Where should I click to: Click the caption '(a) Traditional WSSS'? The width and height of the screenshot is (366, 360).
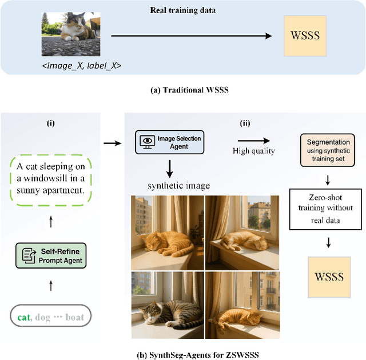click(182, 90)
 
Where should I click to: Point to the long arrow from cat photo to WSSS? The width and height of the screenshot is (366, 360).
click(191, 36)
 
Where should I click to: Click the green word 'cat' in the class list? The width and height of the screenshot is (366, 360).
click(23, 317)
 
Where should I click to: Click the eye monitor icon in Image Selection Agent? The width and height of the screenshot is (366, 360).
click(147, 141)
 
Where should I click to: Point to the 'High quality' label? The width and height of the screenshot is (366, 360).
click(254, 151)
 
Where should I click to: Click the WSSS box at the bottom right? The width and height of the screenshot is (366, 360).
click(329, 277)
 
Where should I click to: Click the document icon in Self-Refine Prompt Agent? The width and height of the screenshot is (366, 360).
click(27, 255)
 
